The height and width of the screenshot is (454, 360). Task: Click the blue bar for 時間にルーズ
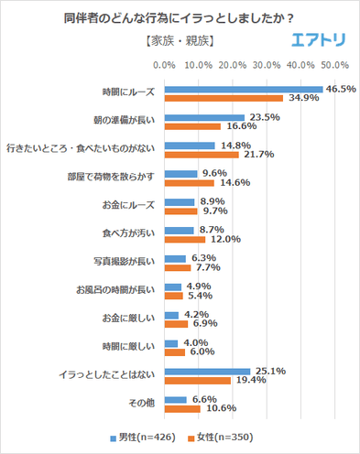click(x=243, y=89)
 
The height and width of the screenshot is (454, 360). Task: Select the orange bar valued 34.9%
click(x=223, y=97)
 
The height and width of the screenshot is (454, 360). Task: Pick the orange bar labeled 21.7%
click(x=201, y=155)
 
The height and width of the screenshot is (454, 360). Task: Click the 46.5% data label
click(x=340, y=89)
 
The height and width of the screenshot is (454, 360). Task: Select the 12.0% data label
click(x=222, y=240)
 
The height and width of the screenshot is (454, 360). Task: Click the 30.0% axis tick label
click(x=266, y=65)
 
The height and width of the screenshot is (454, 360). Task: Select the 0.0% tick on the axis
click(x=164, y=65)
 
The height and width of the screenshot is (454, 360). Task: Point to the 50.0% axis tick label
click(x=333, y=65)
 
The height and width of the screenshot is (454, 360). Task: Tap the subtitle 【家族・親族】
click(x=180, y=41)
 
